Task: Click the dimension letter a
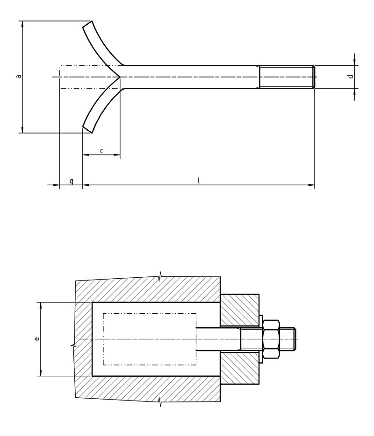(x=19, y=76)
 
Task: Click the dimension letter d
(x=351, y=76)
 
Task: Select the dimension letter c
(x=101, y=151)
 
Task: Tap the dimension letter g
(x=71, y=181)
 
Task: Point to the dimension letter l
(x=199, y=181)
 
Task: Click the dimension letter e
(x=37, y=338)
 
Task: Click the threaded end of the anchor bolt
(x=287, y=77)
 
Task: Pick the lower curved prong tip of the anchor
(x=87, y=128)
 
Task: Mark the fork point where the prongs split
(x=120, y=77)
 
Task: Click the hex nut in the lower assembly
(x=271, y=339)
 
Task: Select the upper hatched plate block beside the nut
(x=239, y=310)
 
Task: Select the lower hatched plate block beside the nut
(x=239, y=368)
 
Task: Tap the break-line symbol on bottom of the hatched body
(x=160, y=401)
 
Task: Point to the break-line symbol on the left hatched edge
(x=74, y=346)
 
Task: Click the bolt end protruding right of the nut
(x=288, y=339)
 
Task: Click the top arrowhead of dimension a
(x=22, y=24)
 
